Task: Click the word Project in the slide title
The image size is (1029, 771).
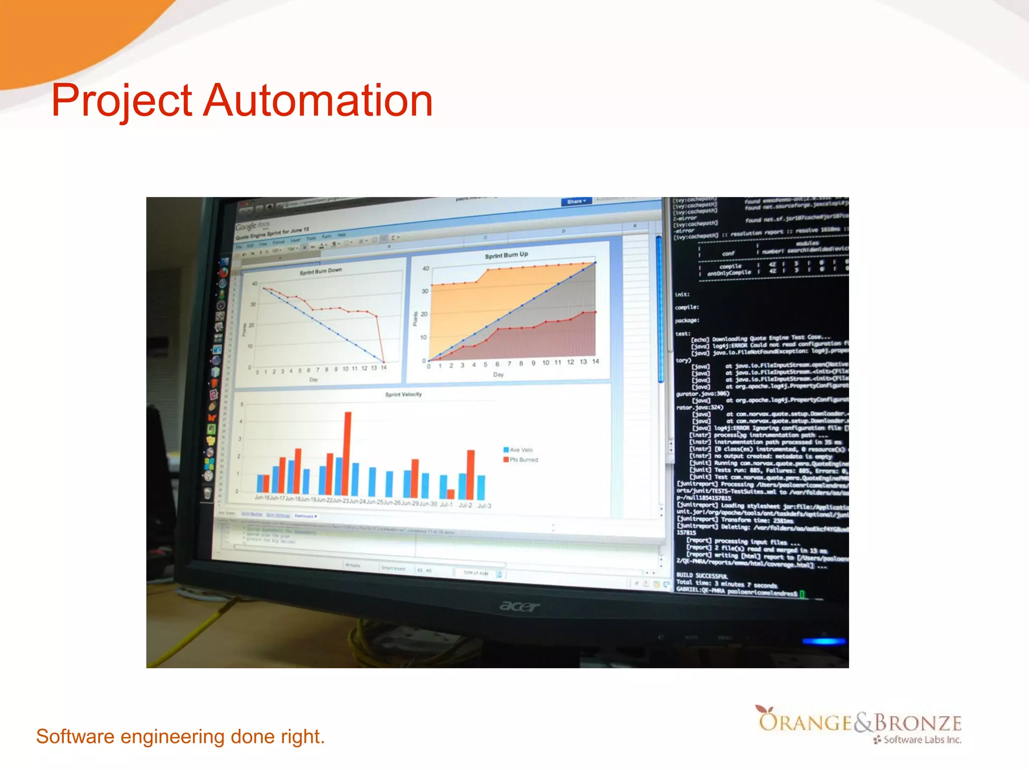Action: point(122,101)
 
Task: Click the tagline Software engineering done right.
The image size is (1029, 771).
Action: point(180,736)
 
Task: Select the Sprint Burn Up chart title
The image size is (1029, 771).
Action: point(506,255)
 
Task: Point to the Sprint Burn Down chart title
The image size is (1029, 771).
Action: point(321,272)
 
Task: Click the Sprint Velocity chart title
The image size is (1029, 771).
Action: point(403,395)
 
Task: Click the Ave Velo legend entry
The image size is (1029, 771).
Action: point(521,450)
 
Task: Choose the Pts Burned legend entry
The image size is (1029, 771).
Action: point(523,459)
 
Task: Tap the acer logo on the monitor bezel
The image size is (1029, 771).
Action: point(520,607)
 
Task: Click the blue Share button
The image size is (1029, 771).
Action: point(576,201)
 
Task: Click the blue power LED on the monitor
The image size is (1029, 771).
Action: point(824,641)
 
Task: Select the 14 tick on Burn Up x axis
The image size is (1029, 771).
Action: point(595,361)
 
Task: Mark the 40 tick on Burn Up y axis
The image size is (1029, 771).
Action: point(426,269)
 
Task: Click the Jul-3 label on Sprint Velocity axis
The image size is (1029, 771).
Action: point(484,505)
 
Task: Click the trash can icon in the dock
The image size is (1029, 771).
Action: point(208,493)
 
